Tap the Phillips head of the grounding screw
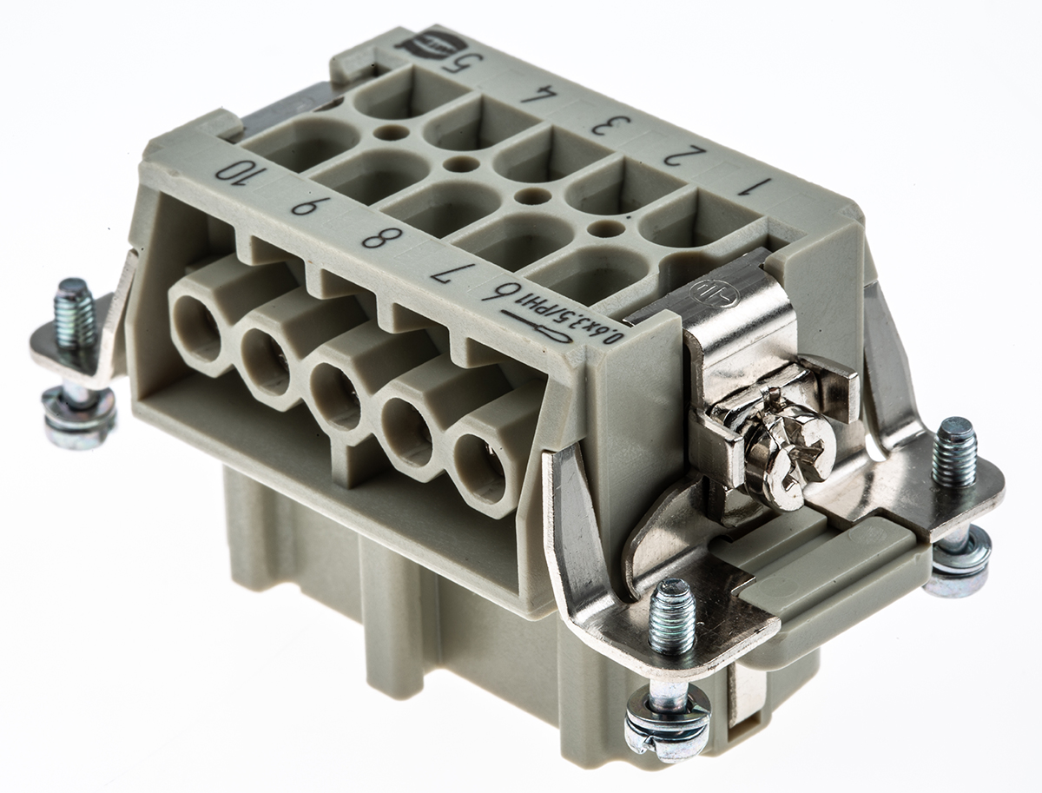point(793,445)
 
